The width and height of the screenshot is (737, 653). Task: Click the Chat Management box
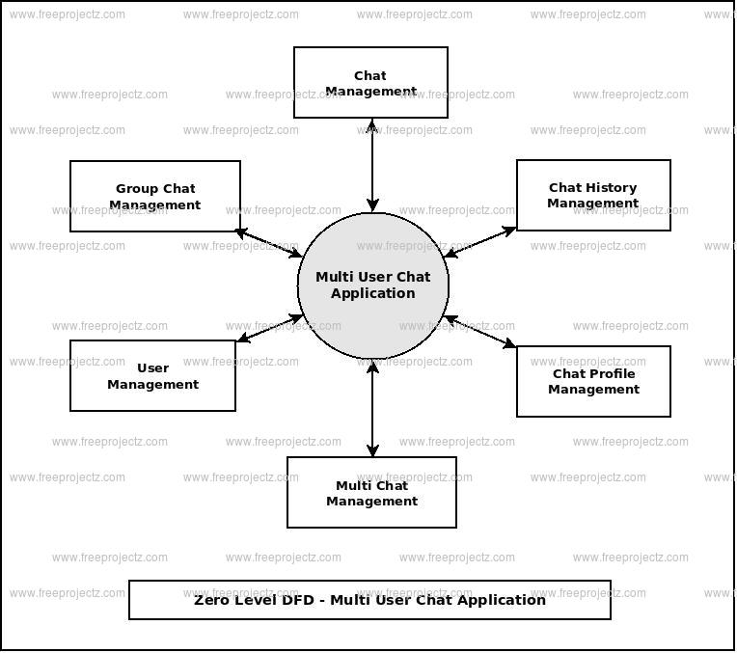point(370,83)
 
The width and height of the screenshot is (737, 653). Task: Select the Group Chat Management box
point(154,197)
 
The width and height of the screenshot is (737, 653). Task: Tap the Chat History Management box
point(593,195)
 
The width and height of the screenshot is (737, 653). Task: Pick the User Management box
point(152,376)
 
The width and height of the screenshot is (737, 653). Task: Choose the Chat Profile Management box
point(593,382)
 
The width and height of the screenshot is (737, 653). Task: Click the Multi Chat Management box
point(371,493)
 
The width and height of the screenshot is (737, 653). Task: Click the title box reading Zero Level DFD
point(369,600)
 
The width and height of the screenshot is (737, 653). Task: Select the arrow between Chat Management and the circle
point(372,165)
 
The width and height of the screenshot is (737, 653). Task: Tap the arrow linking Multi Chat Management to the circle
point(372,407)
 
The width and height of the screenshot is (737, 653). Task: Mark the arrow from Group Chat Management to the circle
point(269,243)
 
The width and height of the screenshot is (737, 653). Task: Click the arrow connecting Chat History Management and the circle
point(480,242)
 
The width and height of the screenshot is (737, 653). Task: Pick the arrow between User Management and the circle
point(269,328)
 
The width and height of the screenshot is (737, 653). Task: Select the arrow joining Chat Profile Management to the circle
point(480,332)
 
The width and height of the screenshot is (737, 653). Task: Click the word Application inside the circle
point(372,293)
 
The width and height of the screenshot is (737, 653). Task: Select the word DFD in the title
point(303,600)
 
